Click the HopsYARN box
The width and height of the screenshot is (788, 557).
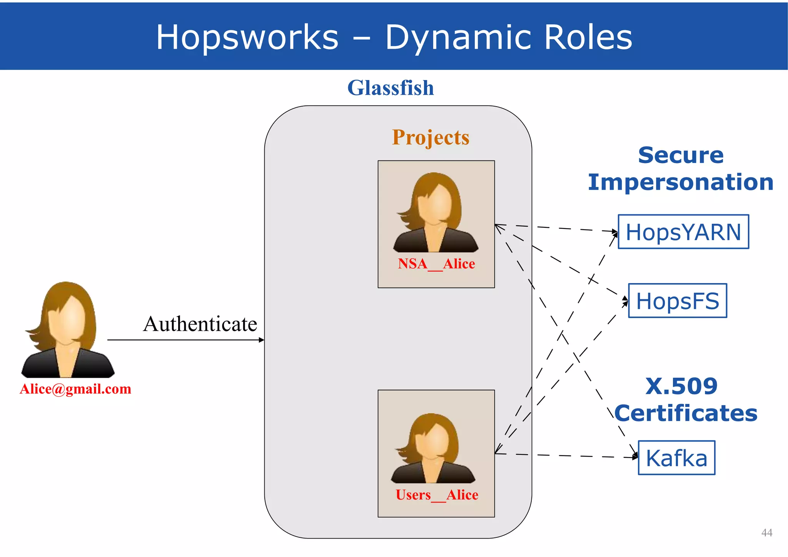(x=683, y=232)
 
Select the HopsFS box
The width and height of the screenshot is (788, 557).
(x=678, y=301)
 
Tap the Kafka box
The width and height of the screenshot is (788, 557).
(x=676, y=458)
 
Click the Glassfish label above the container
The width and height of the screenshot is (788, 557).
(x=391, y=88)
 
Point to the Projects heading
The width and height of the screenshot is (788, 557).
(x=431, y=137)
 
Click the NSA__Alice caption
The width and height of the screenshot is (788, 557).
(x=436, y=264)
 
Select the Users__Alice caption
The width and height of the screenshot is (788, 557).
(x=437, y=495)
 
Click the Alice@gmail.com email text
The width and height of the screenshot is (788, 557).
(x=75, y=389)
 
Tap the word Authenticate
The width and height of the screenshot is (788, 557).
(x=200, y=324)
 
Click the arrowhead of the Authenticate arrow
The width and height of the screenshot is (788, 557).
(x=262, y=340)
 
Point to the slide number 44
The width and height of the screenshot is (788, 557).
(x=766, y=532)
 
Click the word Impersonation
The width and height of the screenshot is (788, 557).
(x=680, y=182)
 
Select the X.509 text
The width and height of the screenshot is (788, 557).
(x=681, y=386)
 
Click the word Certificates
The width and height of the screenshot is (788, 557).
(x=686, y=413)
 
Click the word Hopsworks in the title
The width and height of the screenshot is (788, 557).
(x=247, y=37)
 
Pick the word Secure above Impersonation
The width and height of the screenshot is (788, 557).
(x=681, y=155)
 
